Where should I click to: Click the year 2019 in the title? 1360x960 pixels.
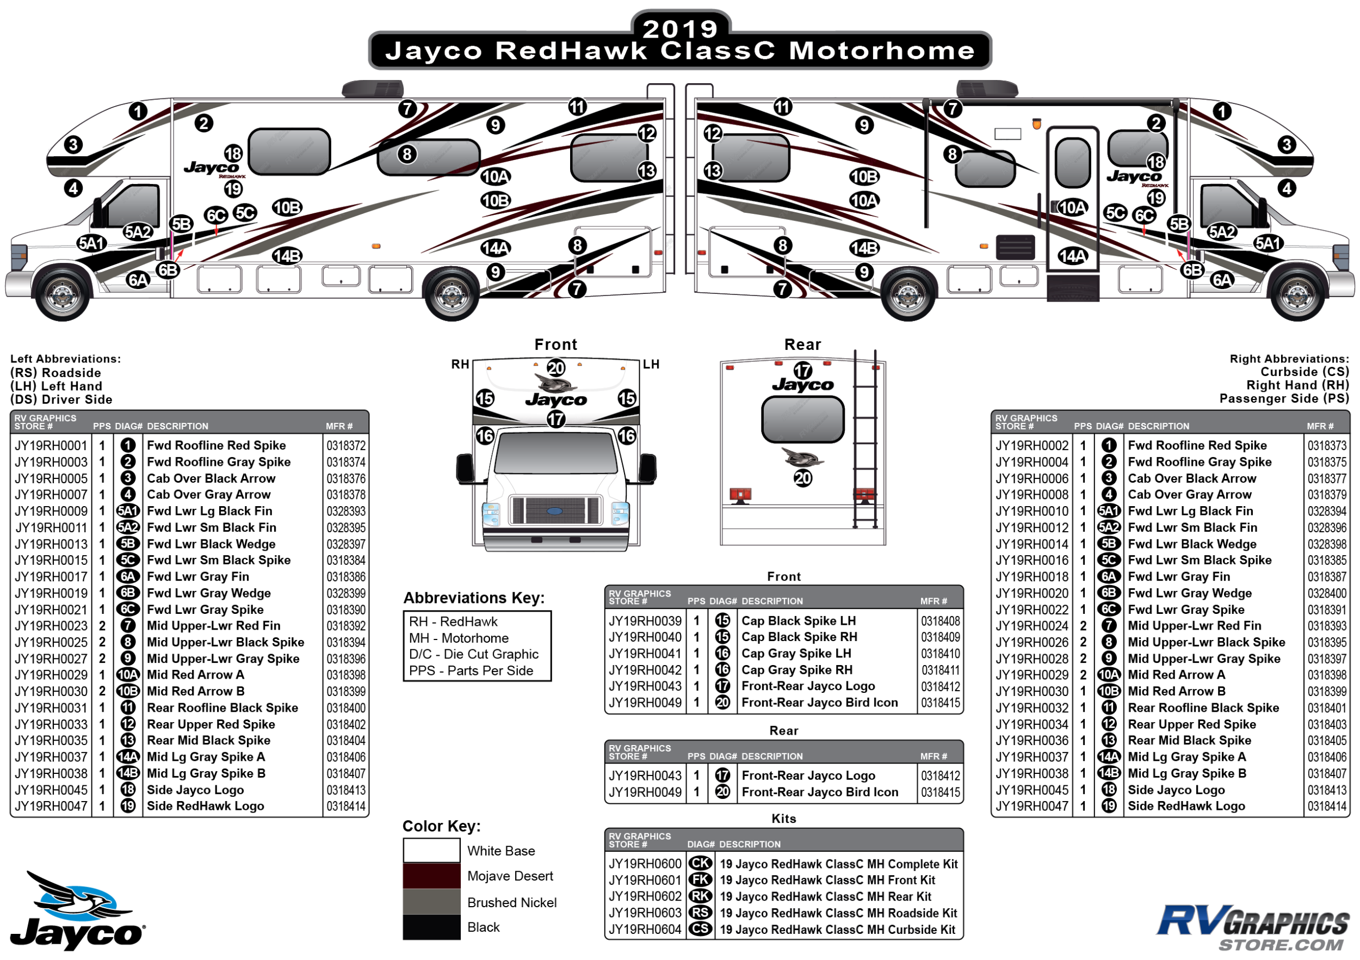coord(679,28)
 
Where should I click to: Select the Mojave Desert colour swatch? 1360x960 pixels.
coord(431,876)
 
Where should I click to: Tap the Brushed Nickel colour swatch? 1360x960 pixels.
coord(431,902)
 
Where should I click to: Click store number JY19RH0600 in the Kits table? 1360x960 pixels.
coord(645,864)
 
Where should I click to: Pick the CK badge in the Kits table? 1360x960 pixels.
coord(700,864)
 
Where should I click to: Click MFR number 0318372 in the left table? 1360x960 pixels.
coord(347,446)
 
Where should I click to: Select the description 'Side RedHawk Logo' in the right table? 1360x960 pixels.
coord(1186,806)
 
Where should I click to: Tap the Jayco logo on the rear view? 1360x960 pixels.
coord(802,385)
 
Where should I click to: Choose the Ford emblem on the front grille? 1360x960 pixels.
coord(554,511)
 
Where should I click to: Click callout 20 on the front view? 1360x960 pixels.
coord(555,368)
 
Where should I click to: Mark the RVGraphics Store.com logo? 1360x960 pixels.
coord(1253,927)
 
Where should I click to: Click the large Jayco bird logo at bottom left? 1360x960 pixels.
coord(77,909)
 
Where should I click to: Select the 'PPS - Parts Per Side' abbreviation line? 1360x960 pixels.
coord(471,671)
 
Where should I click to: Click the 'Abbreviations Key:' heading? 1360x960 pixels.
coord(474,598)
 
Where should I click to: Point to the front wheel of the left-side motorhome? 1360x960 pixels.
coord(61,294)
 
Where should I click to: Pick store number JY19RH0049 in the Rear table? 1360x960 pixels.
coord(645,792)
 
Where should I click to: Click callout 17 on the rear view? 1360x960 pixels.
coord(802,371)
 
